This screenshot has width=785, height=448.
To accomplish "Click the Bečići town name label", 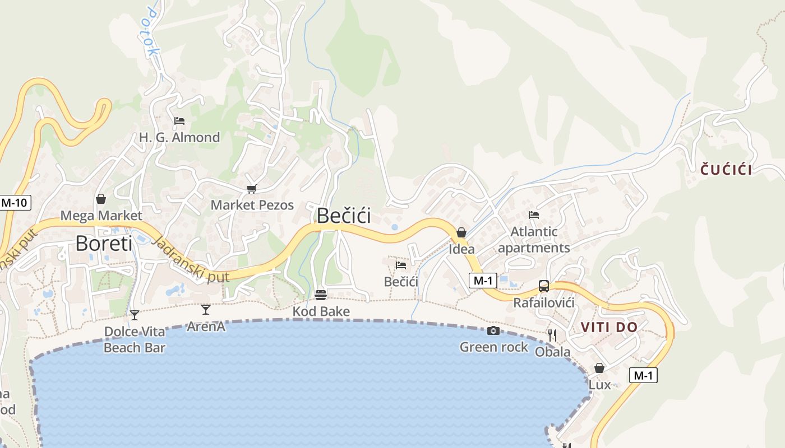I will tap(344, 216).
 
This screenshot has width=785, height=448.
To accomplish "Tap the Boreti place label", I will tap(104, 244).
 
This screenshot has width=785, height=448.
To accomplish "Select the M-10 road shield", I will tap(14, 203).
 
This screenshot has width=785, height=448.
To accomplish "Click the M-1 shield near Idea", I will tap(482, 281).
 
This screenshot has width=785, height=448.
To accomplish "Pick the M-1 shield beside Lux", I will tap(643, 375).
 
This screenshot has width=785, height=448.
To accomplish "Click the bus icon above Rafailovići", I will tap(543, 286).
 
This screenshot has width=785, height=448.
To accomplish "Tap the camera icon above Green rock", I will tap(493, 331).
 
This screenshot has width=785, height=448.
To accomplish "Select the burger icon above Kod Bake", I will tap(321, 295).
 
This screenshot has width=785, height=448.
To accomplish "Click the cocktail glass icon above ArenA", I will tap(206, 309).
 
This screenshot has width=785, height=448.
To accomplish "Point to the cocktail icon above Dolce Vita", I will tap(134, 315).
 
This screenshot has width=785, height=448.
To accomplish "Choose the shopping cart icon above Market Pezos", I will tap(251, 189).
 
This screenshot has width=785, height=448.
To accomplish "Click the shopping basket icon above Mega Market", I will tap(101, 199).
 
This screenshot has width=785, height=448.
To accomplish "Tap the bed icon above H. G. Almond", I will tap(179, 120).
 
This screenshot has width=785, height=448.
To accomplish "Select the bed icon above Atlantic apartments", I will tap(533, 214).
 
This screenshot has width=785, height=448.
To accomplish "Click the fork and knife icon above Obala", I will tap(552, 335).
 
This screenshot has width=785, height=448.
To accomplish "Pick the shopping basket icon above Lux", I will tap(599, 368).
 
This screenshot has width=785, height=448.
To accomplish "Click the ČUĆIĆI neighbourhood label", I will tap(726, 169).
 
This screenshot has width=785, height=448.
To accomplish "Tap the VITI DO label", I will tap(609, 327).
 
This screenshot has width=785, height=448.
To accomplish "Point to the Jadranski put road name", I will tap(191, 260).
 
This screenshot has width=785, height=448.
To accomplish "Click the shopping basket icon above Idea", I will tap(461, 232).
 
